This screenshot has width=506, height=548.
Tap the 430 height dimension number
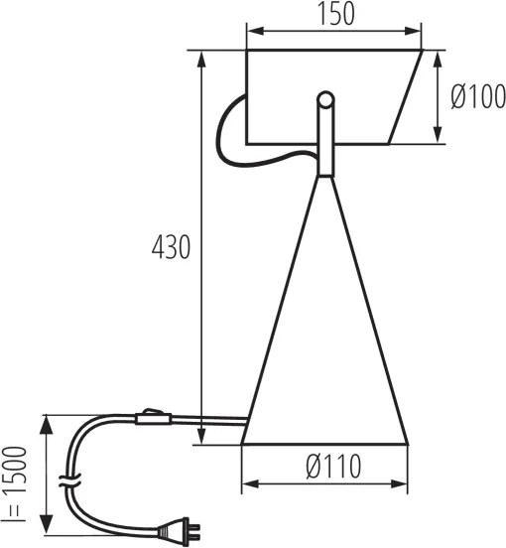pos(171,247)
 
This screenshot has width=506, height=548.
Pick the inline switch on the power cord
pos(152,417)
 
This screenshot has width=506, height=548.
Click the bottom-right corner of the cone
pos(407,443)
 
